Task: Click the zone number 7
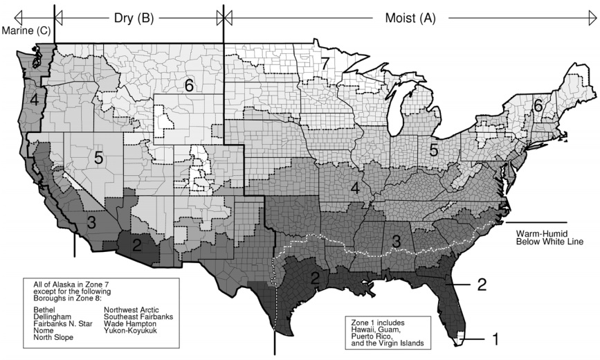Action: (325, 63)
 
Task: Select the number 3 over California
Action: (91, 222)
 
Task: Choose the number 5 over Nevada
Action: (99, 158)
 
